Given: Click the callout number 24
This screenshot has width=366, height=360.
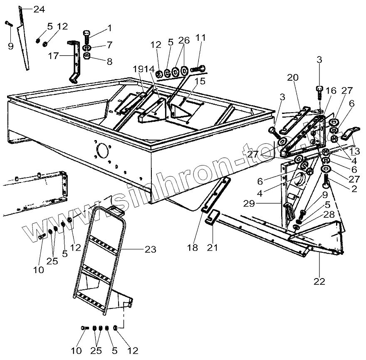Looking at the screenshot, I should pyautogui.click(x=39, y=10).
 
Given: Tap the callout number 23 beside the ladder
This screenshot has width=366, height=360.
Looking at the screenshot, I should pyautogui.click(x=150, y=249).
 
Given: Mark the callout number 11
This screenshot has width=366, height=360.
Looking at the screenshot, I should pyautogui.click(x=201, y=38).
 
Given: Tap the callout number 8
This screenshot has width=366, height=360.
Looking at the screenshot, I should pyautogui.click(x=109, y=62).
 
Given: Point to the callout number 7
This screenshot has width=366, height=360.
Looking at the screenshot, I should pyautogui.click(x=109, y=44).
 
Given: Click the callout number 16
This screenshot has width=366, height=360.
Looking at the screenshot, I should pyautogui.click(x=331, y=91).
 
